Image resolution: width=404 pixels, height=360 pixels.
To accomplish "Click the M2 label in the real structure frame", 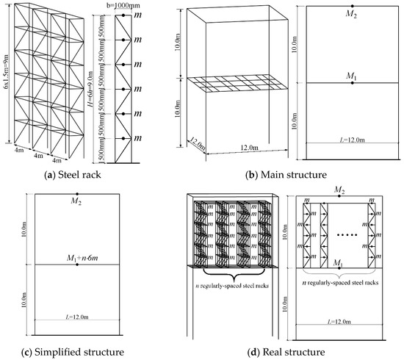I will (x=339, y=190).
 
